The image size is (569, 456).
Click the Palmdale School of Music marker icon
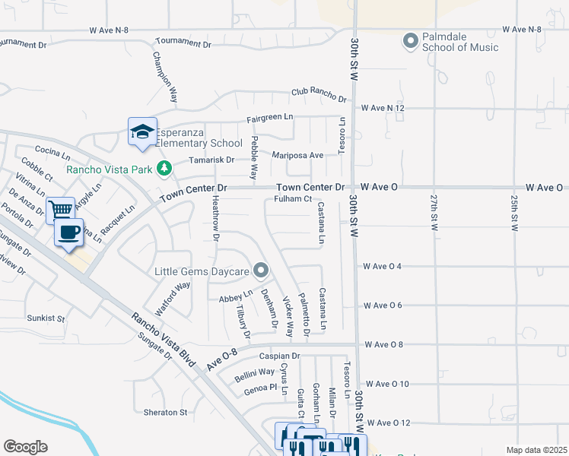click(x=412, y=40)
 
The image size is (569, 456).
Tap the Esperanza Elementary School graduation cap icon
click(x=142, y=132)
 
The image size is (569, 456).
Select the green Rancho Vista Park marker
click(x=164, y=169)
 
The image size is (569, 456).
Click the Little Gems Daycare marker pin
click(x=261, y=271)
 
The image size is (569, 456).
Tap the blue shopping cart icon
click(x=60, y=209)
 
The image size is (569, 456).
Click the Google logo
click(x=25, y=446)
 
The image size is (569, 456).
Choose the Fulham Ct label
click(x=293, y=200)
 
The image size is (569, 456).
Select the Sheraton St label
click(x=165, y=413)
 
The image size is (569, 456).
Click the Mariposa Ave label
click(x=298, y=155)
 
